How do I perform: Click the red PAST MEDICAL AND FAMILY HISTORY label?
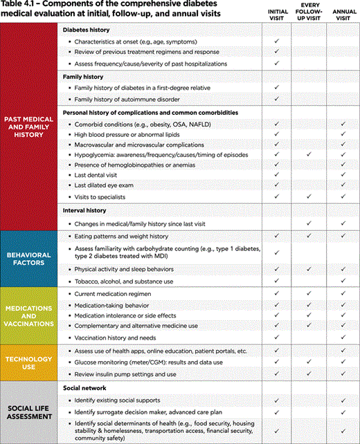pyautogui.click(x=29, y=126)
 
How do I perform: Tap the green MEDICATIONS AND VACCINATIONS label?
pyautogui.click(x=29, y=315)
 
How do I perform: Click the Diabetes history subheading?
pyautogui.click(x=87, y=30)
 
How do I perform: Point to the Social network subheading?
pyautogui.click(x=84, y=388)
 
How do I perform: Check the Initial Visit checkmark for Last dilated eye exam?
pyautogui.click(x=276, y=186)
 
